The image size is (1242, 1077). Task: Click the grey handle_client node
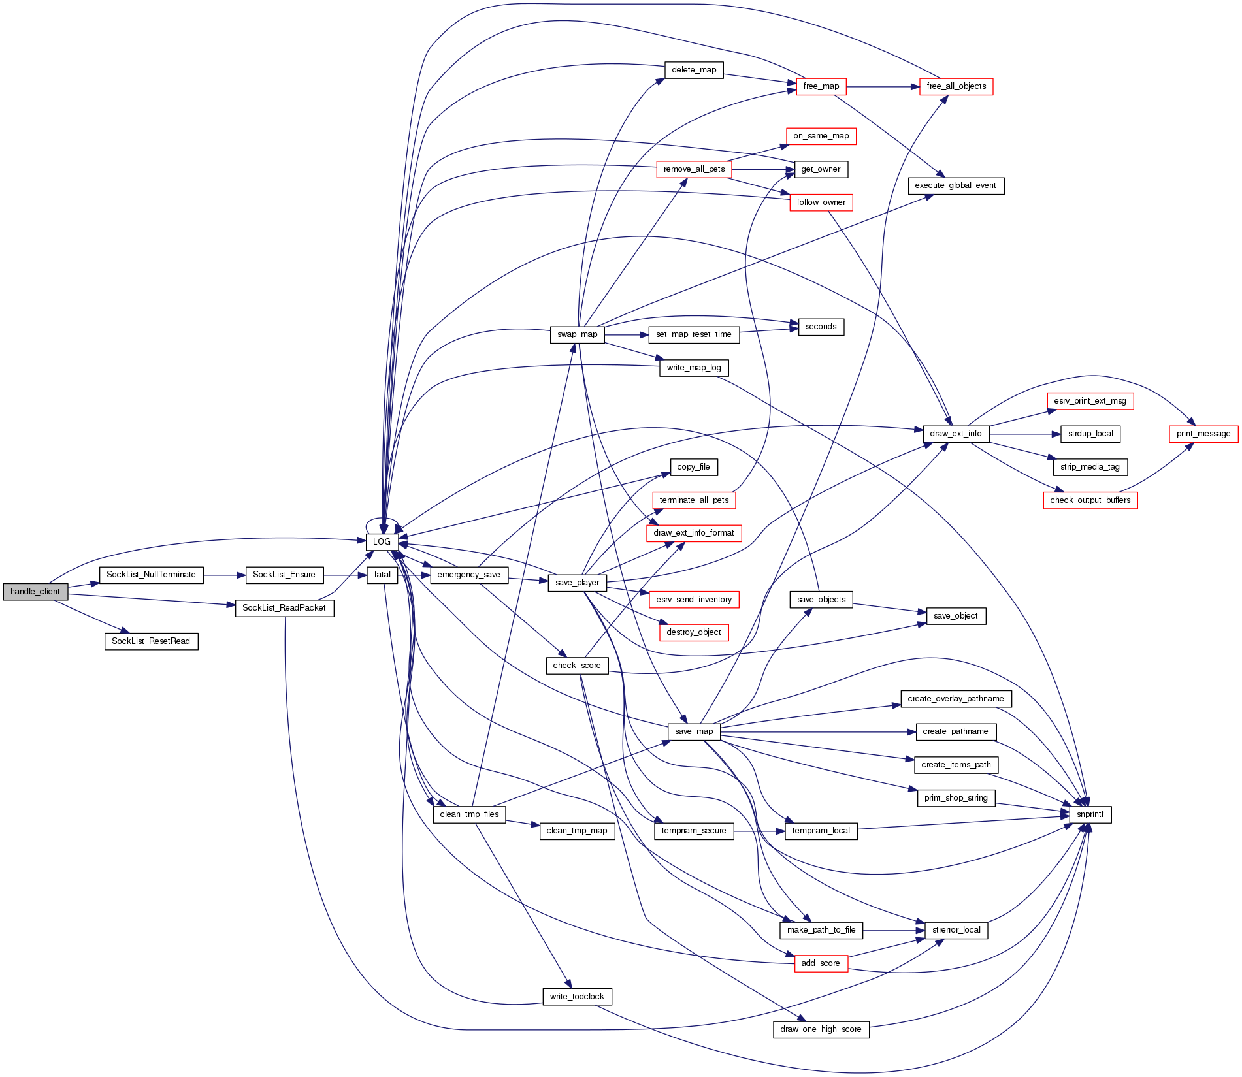(35, 592)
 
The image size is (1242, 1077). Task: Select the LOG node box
(382, 541)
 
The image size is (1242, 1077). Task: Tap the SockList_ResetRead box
(151, 641)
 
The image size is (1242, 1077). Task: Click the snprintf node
(1090, 814)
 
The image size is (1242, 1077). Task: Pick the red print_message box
(1203, 434)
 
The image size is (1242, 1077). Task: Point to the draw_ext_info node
(956, 434)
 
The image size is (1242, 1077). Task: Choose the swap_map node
(577, 334)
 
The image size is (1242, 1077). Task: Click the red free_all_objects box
(956, 86)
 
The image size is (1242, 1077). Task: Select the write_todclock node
(577, 997)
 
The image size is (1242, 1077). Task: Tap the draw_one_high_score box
(821, 1029)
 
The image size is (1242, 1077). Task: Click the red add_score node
(821, 963)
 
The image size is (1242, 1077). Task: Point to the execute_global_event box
(955, 185)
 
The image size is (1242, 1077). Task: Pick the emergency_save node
(468, 575)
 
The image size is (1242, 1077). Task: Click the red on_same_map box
(821, 136)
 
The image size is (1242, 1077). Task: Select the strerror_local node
(956, 930)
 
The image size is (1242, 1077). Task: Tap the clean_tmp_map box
(577, 831)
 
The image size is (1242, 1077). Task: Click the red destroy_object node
(693, 632)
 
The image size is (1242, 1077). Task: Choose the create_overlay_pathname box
(955, 699)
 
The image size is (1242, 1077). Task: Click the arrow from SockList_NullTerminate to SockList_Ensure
(224, 575)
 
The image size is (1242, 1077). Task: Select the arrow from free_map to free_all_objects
(883, 86)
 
